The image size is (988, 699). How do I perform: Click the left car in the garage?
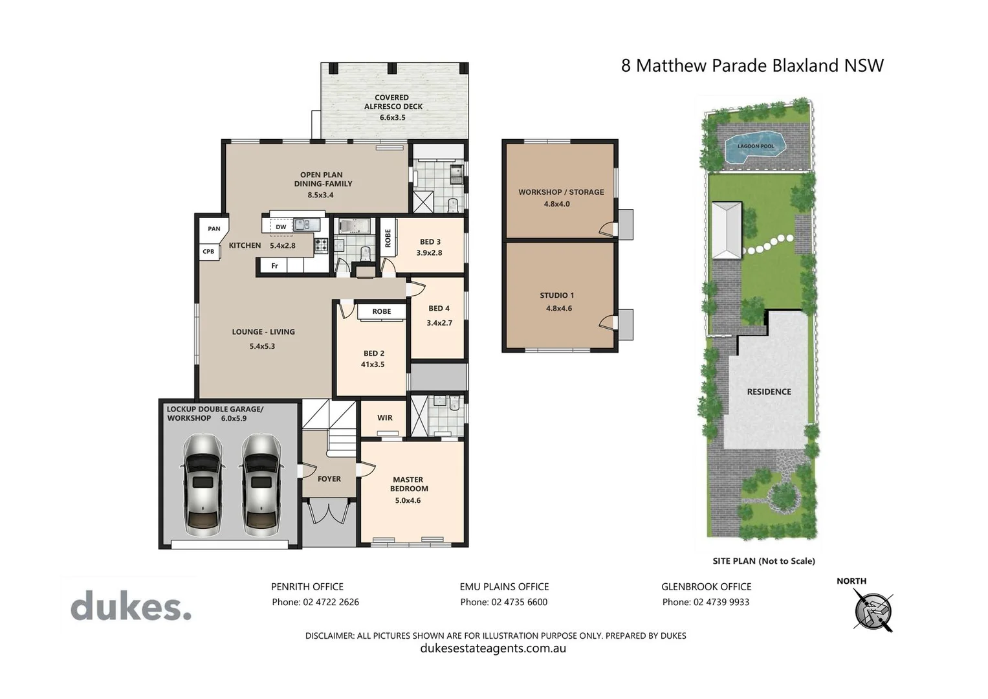pyautogui.click(x=203, y=485)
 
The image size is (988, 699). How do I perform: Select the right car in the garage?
pyautogui.click(x=261, y=485)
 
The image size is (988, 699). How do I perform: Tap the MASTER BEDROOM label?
pyautogui.click(x=409, y=484)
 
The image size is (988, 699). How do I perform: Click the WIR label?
pyautogui.click(x=385, y=418)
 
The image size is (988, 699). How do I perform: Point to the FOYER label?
pyautogui.click(x=329, y=479)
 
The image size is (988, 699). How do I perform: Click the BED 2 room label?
pyautogui.click(x=373, y=353)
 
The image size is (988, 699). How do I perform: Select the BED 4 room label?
pyautogui.click(x=439, y=309)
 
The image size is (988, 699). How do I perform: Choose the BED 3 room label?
pyautogui.click(x=430, y=242)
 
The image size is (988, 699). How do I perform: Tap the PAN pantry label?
pyautogui.click(x=214, y=228)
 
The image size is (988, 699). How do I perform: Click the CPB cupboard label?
pyautogui.click(x=208, y=251)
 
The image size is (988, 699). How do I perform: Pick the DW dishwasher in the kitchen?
pyautogui.click(x=281, y=227)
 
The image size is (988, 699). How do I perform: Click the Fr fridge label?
pyautogui.click(x=275, y=266)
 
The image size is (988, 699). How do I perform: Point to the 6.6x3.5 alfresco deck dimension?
pyautogui.click(x=392, y=118)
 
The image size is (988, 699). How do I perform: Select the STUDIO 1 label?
pyautogui.click(x=556, y=296)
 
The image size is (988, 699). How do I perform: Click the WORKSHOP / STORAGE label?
pyautogui.click(x=561, y=192)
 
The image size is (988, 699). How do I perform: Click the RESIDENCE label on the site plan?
pyautogui.click(x=769, y=392)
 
